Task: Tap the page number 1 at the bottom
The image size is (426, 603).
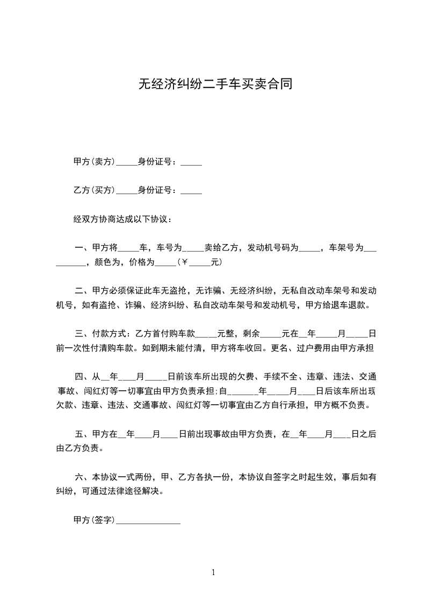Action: [x=213, y=572]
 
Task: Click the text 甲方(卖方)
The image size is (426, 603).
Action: [x=94, y=161]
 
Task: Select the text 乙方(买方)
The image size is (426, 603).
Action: [x=94, y=190]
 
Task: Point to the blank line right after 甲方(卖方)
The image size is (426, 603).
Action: [x=127, y=162]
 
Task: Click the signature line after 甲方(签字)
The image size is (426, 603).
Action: [x=148, y=521]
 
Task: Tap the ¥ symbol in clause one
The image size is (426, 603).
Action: [x=184, y=263]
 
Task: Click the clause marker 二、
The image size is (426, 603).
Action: [x=82, y=291]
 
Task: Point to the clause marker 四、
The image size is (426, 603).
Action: [x=81, y=376]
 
